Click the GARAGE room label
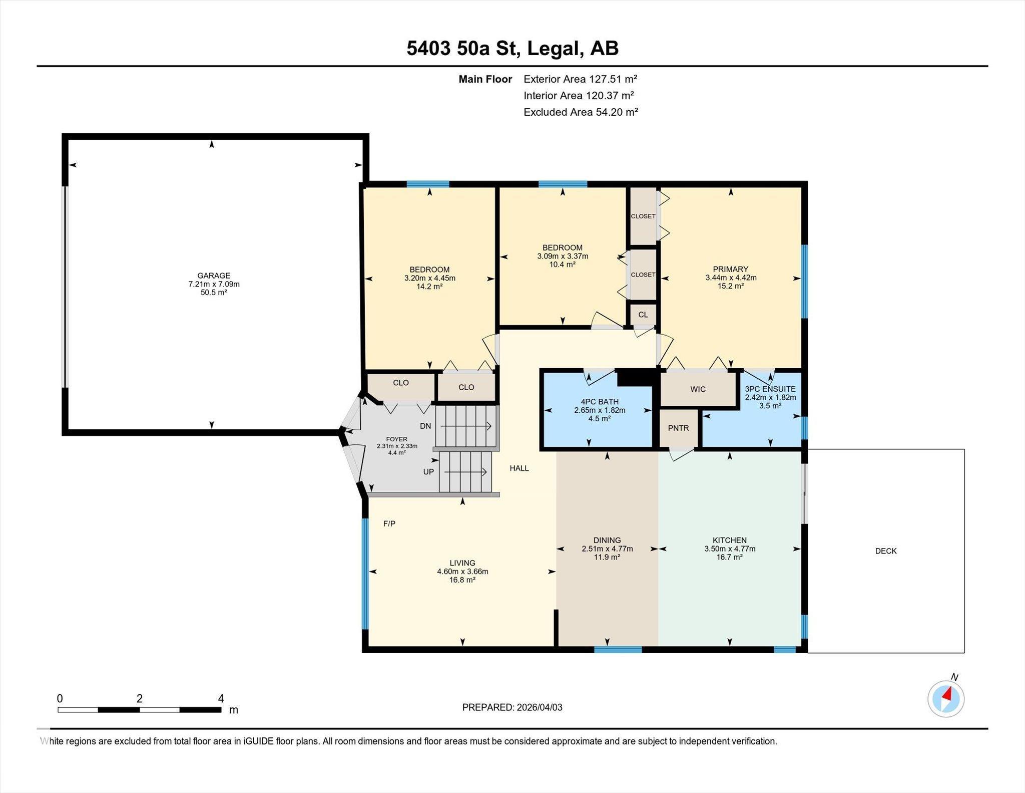tap(214, 276)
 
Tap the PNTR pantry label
tap(678, 428)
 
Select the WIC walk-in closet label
tap(698, 389)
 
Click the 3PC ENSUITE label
tap(770, 389)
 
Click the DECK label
tap(886, 551)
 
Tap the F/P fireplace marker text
tap(389, 524)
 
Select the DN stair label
tap(425, 426)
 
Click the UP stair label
tap(428, 472)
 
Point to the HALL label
tap(520, 468)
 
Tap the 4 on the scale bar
tap(221, 698)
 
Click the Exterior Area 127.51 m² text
tap(581, 79)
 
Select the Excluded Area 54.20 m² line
tap(581, 112)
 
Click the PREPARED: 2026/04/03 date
tap(512, 707)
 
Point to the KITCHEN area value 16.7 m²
tap(730, 557)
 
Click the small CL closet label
tap(643, 315)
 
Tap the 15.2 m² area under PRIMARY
tap(731, 286)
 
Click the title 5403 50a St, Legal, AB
tap(512, 49)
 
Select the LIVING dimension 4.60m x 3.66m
tap(462, 572)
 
